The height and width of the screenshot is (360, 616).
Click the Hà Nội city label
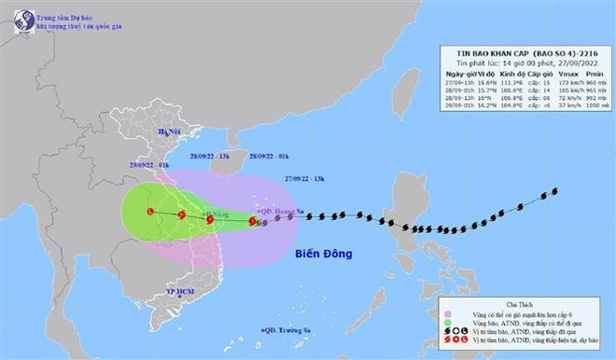169,132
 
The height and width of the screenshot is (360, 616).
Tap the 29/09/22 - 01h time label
151,165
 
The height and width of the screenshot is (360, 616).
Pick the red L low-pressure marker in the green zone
149,213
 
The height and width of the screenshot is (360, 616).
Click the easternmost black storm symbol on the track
554,191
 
